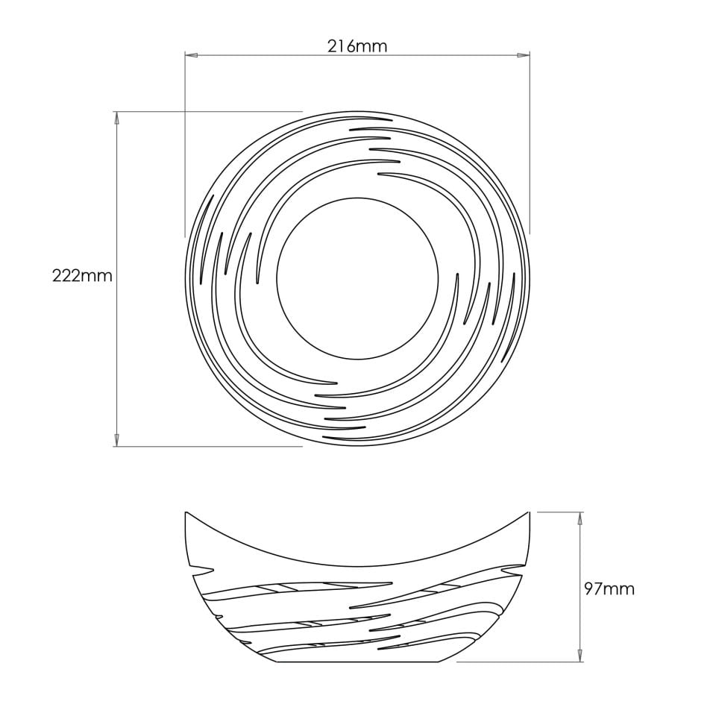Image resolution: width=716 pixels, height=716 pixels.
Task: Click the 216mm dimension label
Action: pyautogui.click(x=357, y=46)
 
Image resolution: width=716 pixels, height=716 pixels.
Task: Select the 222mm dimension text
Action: pyautogui.click(x=82, y=276)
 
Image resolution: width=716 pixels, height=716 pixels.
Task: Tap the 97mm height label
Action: pyautogui.click(x=609, y=589)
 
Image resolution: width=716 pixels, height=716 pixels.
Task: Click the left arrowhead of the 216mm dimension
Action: pyautogui.click(x=191, y=55)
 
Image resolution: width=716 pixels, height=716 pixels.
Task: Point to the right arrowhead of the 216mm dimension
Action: pyautogui.click(x=524, y=55)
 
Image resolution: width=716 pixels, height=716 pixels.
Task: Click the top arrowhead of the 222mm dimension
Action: pyautogui.click(x=116, y=117)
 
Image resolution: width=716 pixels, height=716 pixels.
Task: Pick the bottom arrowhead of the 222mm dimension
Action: pyautogui.click(x=116, y=440)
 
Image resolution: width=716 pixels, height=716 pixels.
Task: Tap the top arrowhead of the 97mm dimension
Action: pyautogui.click(x=580, y=518)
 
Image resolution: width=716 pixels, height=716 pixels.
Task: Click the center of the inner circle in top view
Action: pyautogui.click(x=357, y=278)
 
